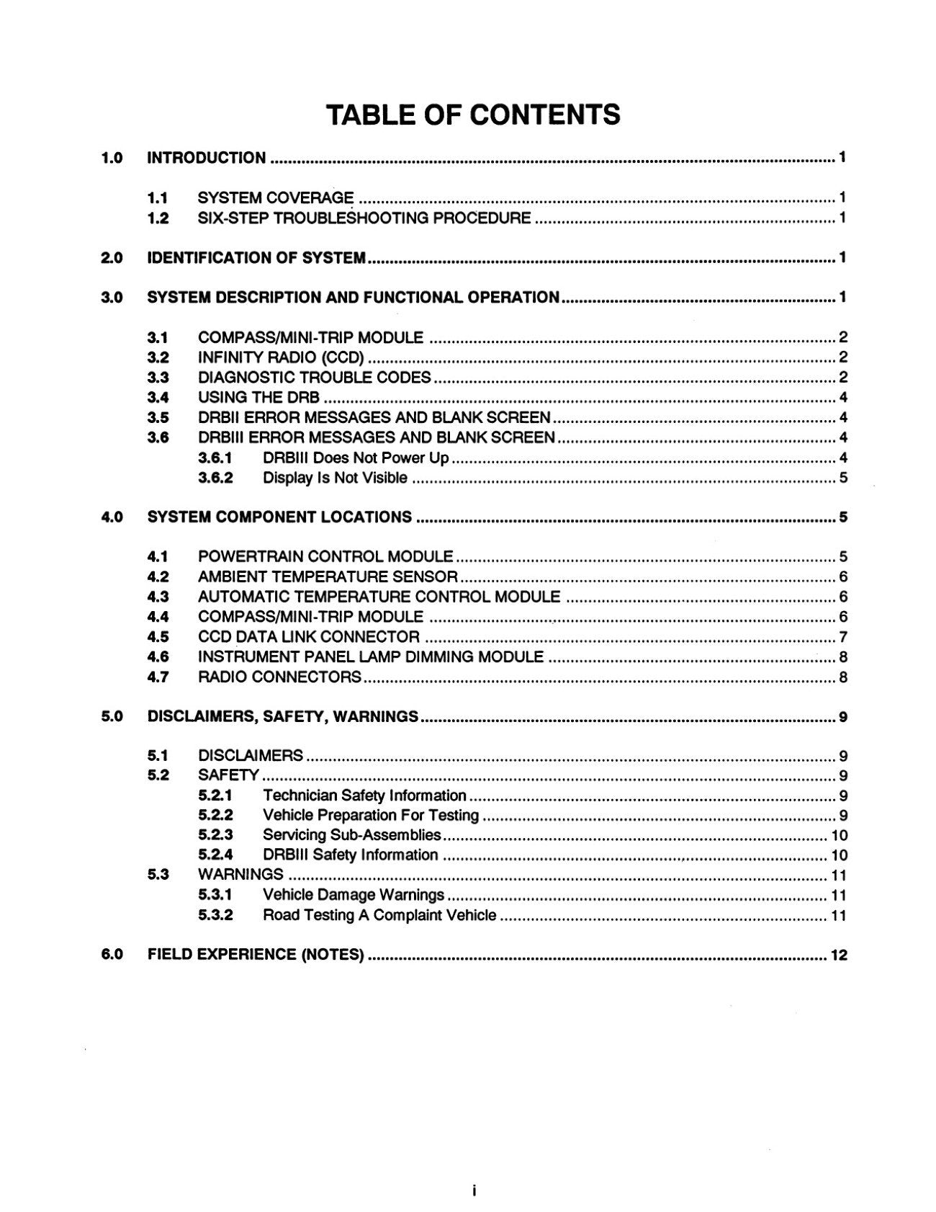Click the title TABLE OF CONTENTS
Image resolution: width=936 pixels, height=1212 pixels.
click(x=473, y=115)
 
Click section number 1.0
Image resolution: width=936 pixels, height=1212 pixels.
click(x=112, y=158)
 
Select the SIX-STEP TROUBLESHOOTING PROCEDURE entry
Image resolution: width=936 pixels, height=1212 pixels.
click(x=364, y=218)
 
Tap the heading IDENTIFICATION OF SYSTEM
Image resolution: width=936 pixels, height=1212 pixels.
click(x=256, y=258)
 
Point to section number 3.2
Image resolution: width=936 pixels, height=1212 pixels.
click(x=158, y=357)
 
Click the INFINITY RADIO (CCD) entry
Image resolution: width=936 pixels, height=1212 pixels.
click(x=281, y=357)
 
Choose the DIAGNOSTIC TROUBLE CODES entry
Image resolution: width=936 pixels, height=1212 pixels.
click(x=314, y=378)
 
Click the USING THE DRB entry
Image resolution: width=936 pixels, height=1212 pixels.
click(x=258, y=397)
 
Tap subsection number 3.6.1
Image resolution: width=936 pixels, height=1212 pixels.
click(x=215, y=458)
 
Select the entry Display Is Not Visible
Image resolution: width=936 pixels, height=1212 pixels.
click(x=335, y=478)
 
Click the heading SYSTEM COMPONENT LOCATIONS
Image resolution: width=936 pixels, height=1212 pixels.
click(x=279, y=517)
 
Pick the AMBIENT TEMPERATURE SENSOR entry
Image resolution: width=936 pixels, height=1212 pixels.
click(x=328, y=576)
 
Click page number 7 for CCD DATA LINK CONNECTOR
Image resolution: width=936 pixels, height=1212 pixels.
click(x=843, y=637)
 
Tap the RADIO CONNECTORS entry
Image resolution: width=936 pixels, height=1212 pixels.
click(x=279, y=677)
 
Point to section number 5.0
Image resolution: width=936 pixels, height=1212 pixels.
click(x=112, y=716)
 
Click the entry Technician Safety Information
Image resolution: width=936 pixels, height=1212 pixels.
click(x=364, y=796)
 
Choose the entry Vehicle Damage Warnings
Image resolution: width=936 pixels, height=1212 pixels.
click(x=354, y=895)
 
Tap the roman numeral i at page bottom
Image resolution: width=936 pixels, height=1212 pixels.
click(x=473, y=1190)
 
